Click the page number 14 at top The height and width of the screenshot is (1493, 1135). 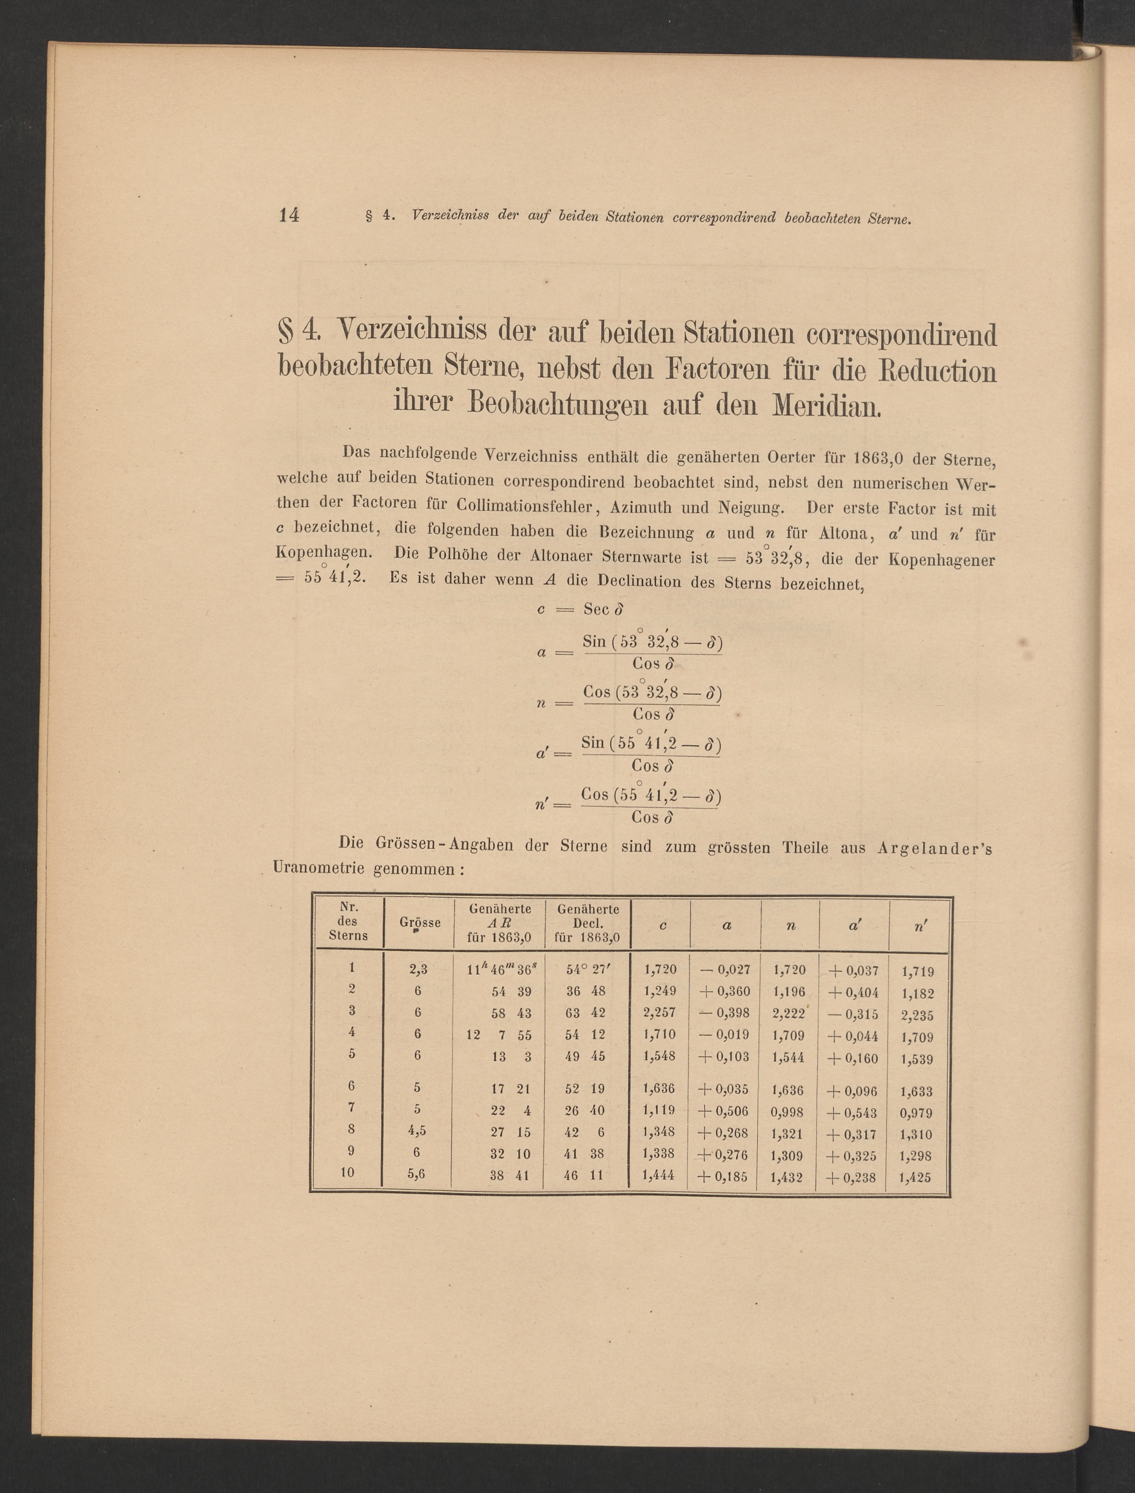pyautogui.click(x=289, y=215)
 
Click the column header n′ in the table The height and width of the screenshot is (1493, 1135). pyautogui.click(x=919, y=926)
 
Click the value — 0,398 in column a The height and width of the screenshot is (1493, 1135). pyautogui.click(x=725, y=1013)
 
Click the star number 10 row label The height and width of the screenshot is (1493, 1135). pyautogui.click(x=347, y=1173)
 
